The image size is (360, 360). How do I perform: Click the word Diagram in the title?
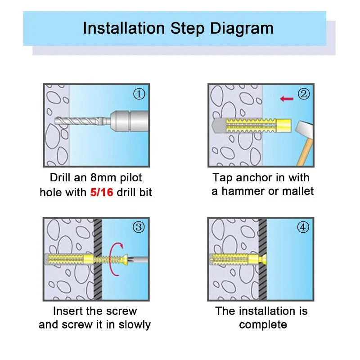(242, 28)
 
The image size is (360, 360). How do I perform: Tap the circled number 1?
(139, 94)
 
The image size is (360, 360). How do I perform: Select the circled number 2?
(304, 94)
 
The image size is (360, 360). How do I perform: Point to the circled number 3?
(139, 227)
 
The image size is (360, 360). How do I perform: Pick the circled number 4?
(303, 227)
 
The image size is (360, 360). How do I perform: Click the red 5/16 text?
(102, 192)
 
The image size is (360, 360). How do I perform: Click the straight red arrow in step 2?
(287, 99)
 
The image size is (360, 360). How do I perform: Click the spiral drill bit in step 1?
(81, 121)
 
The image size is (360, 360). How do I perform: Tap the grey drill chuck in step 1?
(129, 121)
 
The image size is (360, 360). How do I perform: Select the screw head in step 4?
(264, 260)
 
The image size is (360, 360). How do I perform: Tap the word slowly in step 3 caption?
(135, 325)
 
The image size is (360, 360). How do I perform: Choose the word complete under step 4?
(263, 325)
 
